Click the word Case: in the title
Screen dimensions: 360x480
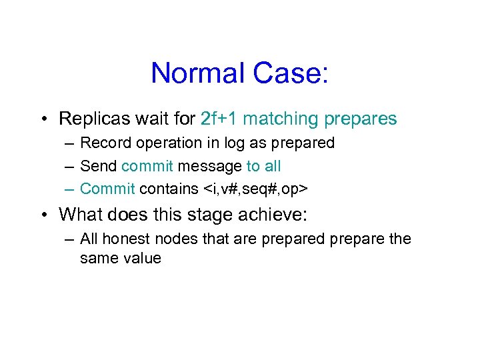pos(290,73)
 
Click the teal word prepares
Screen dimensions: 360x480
pos(361,120)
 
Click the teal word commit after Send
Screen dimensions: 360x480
pos(147,166)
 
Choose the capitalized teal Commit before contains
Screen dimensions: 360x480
pos(107,189)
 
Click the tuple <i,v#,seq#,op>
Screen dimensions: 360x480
pos(255,189)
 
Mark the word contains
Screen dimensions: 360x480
pos(167,189)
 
